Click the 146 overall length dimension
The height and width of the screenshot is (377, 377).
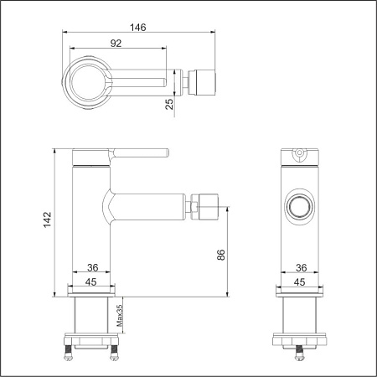click(139, 27)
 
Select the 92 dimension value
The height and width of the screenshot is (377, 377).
click(116, 43)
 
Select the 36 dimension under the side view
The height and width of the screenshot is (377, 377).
click(93, 268)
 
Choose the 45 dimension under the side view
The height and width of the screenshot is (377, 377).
click(93, 281)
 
